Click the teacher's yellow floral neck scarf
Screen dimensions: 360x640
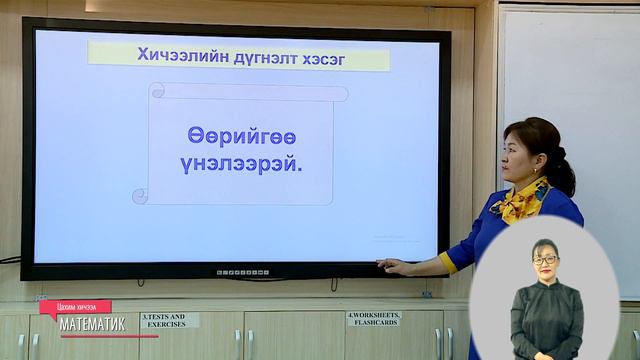click(523, 201)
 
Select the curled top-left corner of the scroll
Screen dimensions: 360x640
click(156, 92)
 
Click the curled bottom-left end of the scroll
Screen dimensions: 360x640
click(141, 196)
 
